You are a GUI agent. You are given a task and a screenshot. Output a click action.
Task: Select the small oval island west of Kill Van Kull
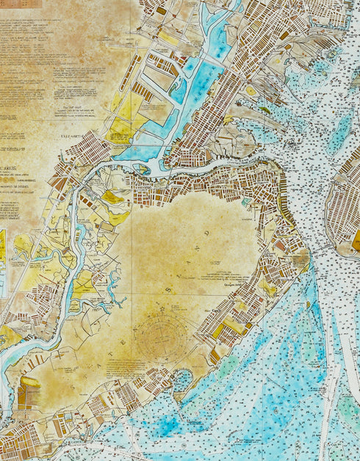click(142, 169)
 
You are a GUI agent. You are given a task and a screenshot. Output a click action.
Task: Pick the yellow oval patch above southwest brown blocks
click(30, 382)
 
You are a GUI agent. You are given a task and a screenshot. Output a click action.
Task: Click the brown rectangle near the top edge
click(161, 11)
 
